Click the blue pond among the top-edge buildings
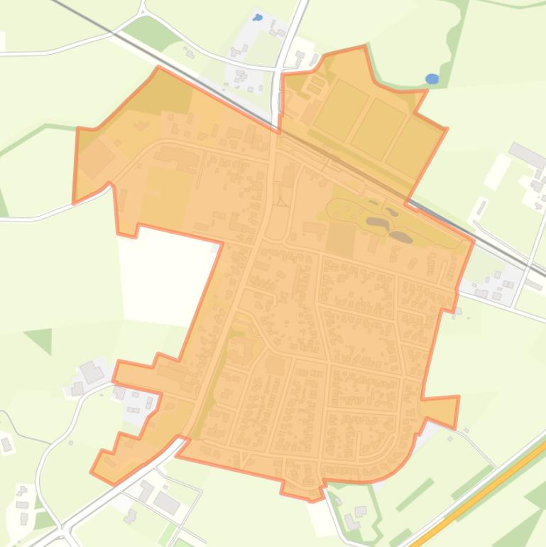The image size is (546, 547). click(x=258, y=17)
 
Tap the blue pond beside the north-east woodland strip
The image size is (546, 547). click(x=432, y=78)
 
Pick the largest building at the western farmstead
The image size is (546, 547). click(x=92, y=372)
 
